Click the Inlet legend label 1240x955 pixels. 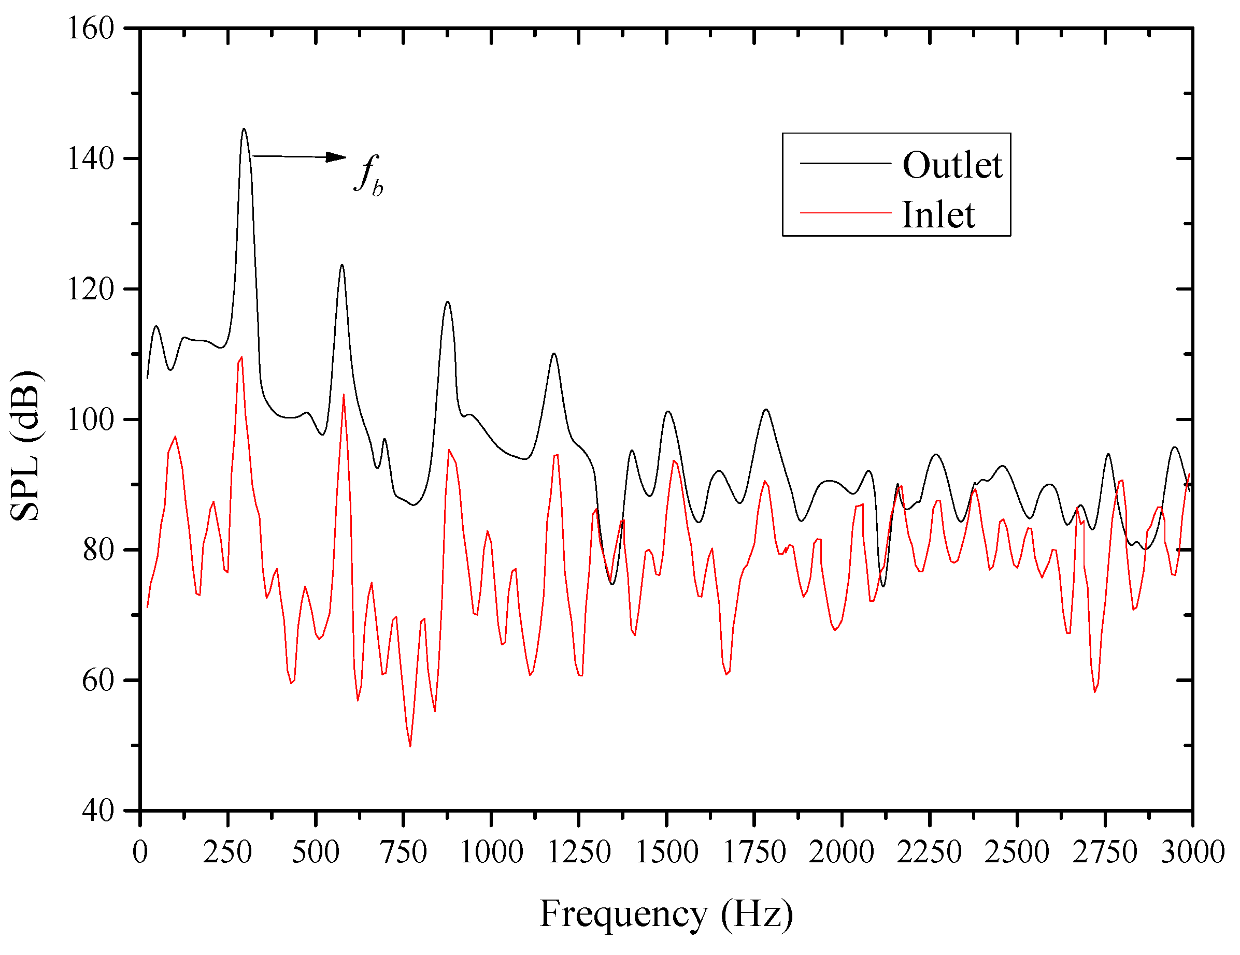(x=938, y=215)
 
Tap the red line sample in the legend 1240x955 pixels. (x=845, y=213)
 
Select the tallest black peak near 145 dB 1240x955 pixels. (x=244, y=129)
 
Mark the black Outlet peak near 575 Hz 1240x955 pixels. (x=342, y=265)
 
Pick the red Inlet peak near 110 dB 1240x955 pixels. (x=242, y=357)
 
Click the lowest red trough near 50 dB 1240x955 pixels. (x=410, y=746)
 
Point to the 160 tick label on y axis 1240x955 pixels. (x=91, y=28)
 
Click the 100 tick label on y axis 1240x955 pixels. (x=91, y=419)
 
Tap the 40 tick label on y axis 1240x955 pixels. (x=97, y=811)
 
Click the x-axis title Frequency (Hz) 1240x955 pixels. (x=666, y=914)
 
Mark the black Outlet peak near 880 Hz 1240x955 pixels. (x=447, y=302)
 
